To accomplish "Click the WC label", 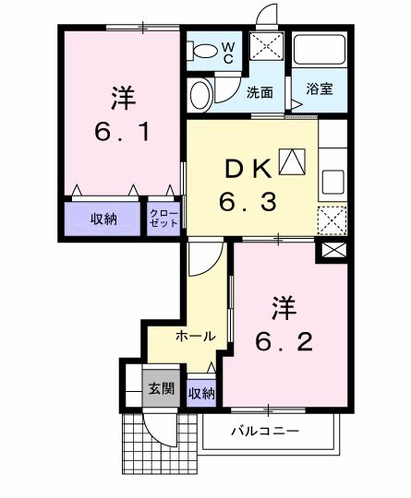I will [227, 51].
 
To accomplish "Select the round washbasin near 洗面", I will [199, 93].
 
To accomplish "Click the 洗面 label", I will [260, 92].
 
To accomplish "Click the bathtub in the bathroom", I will [319, 52].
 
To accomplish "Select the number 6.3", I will [248, 199].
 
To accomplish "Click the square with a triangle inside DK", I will [292, 162].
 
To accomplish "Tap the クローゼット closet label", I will [164, 219].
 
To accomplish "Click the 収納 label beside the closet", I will [103, 219].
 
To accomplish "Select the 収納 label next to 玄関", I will [200, 394].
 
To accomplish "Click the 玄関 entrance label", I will [161, 388].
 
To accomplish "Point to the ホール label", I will [195, 336].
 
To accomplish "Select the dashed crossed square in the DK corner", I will [332, 219].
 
